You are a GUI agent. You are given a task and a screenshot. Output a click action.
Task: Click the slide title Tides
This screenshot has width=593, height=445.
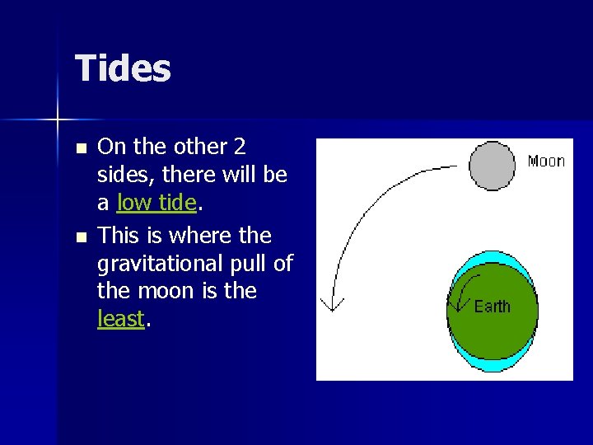pos(123,68)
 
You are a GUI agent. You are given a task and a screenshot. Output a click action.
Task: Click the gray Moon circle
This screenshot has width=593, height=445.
pos(493,165)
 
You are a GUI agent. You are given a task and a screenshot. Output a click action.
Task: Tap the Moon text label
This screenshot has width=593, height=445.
pos(546,161)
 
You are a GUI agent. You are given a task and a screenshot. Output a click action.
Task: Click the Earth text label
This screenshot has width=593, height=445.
pos(493,307)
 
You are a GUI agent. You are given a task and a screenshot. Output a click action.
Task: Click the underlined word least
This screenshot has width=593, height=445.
pos(121,319)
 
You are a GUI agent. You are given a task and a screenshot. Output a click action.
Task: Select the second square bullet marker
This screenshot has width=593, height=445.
pos(80,238)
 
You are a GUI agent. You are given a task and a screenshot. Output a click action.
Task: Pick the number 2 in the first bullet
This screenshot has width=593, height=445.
pos(239,147)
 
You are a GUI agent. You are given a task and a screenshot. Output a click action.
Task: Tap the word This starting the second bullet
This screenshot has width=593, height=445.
pos(119,236)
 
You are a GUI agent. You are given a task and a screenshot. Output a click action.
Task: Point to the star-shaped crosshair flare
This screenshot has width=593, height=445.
pos(58,120)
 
